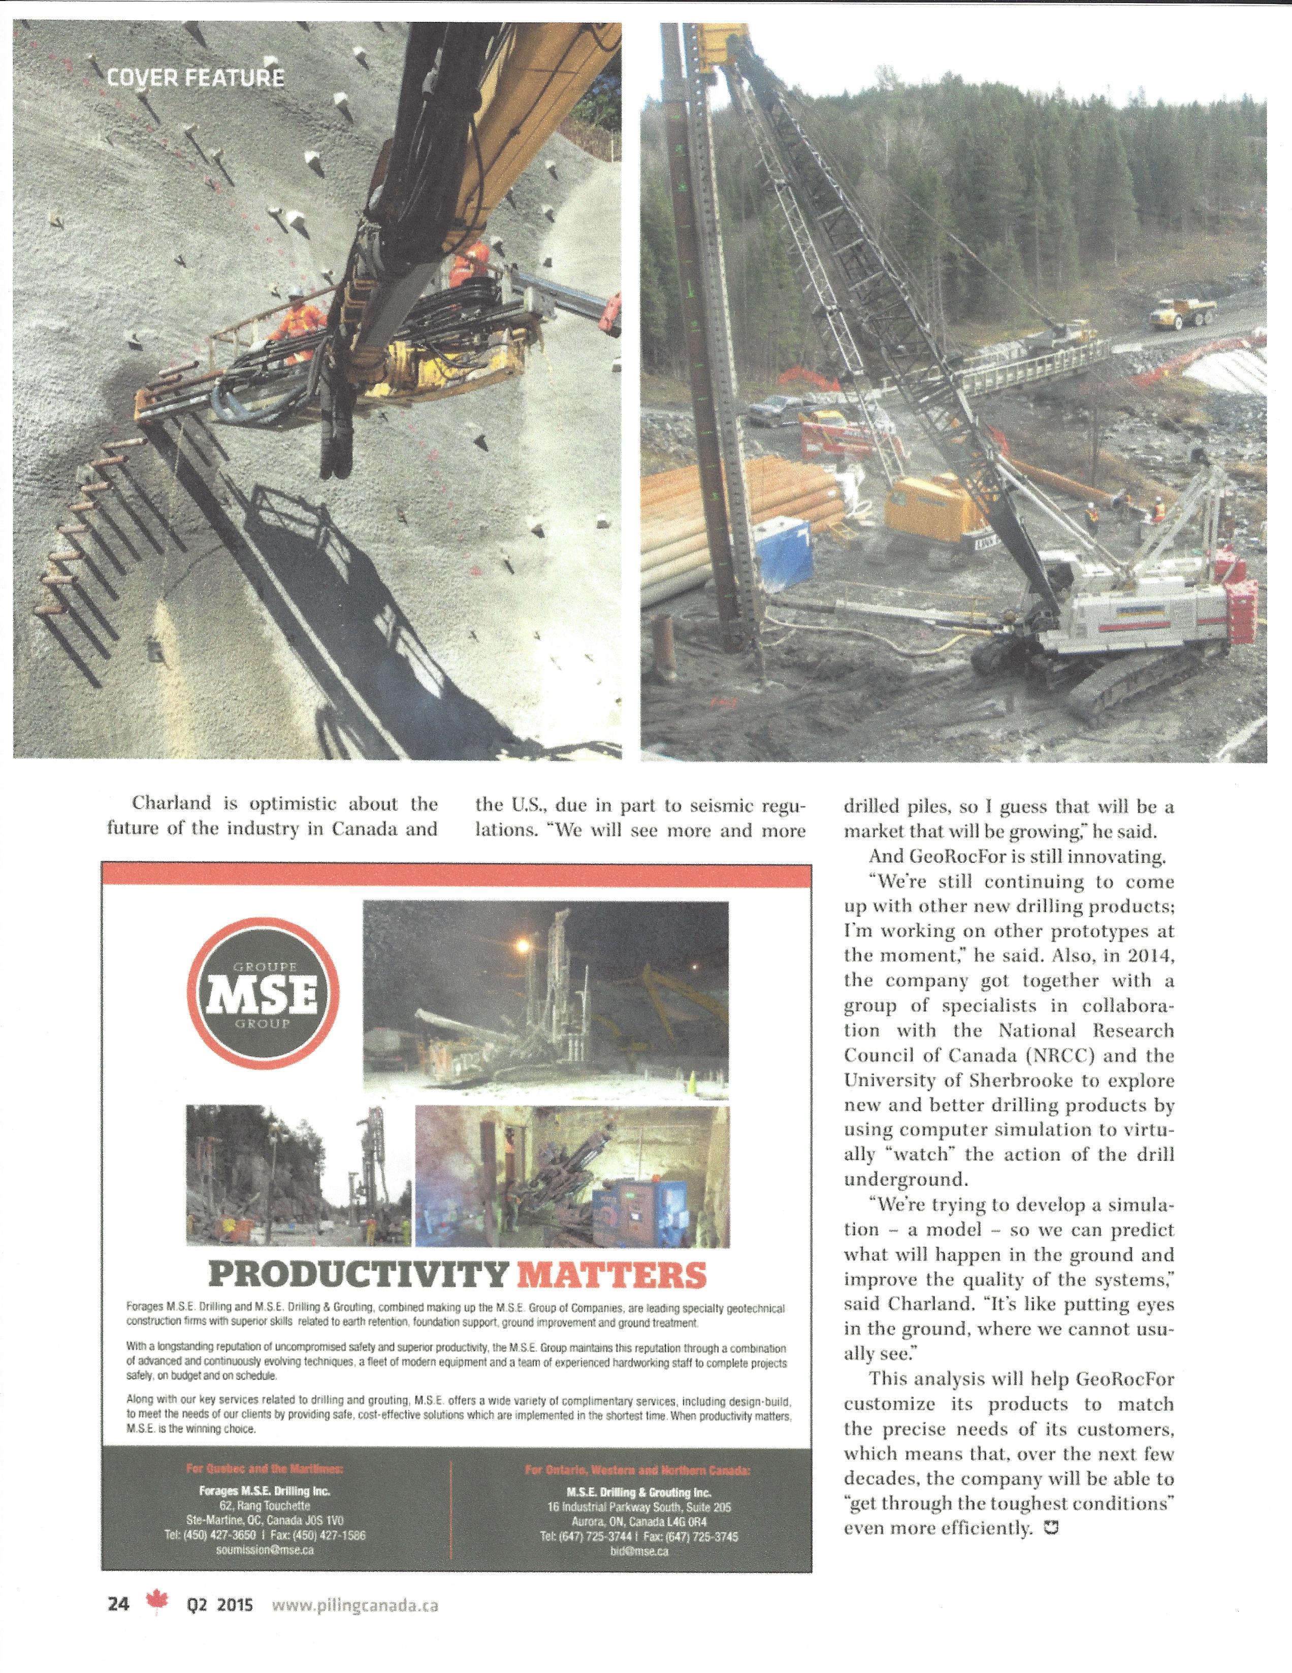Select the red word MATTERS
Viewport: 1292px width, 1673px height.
coord(611,1275)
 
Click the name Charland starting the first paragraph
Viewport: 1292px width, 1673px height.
coord(171,804)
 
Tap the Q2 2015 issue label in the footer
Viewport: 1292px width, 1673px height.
coord(220,1605)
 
